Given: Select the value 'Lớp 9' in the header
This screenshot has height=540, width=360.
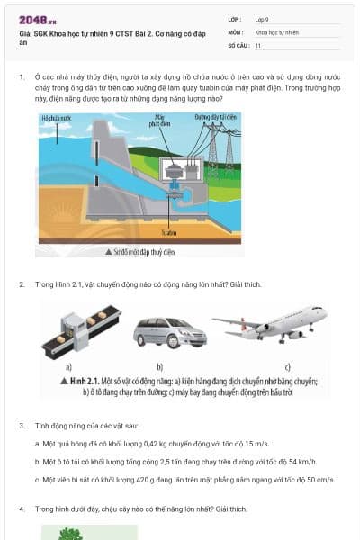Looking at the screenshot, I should [262, 18].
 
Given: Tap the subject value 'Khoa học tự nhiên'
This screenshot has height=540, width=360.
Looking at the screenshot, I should [274, 31].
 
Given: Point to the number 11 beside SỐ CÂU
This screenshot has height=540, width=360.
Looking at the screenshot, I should [258, 45].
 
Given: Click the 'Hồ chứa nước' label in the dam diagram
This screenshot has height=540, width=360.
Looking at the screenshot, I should [56, 118].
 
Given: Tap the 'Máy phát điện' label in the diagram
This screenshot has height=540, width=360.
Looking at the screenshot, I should [159, 122].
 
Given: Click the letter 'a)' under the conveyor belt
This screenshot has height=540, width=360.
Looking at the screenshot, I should [68, 366].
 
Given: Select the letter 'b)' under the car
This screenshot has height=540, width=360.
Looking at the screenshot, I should [159, 366].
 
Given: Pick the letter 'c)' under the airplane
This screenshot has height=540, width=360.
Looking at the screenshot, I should [287, 366].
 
